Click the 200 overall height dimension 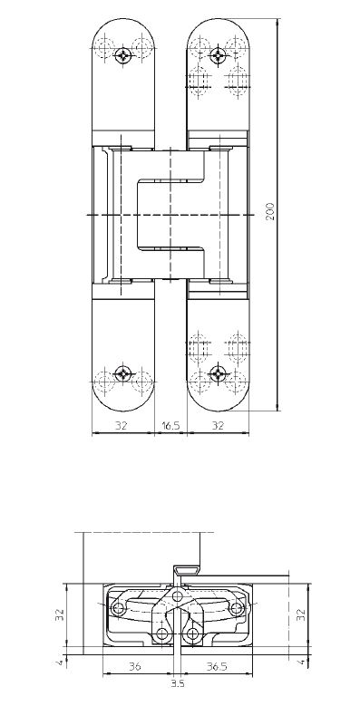(270, 212)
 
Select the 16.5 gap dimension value (170, 425)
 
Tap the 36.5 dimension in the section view (217, 667)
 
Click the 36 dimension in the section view (135, 667)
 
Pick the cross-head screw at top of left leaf (123, 56)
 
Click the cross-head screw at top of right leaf (219, 56)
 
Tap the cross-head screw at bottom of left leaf (123, 373)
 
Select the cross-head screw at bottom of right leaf (219, 373)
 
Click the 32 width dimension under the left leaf (122, 425)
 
